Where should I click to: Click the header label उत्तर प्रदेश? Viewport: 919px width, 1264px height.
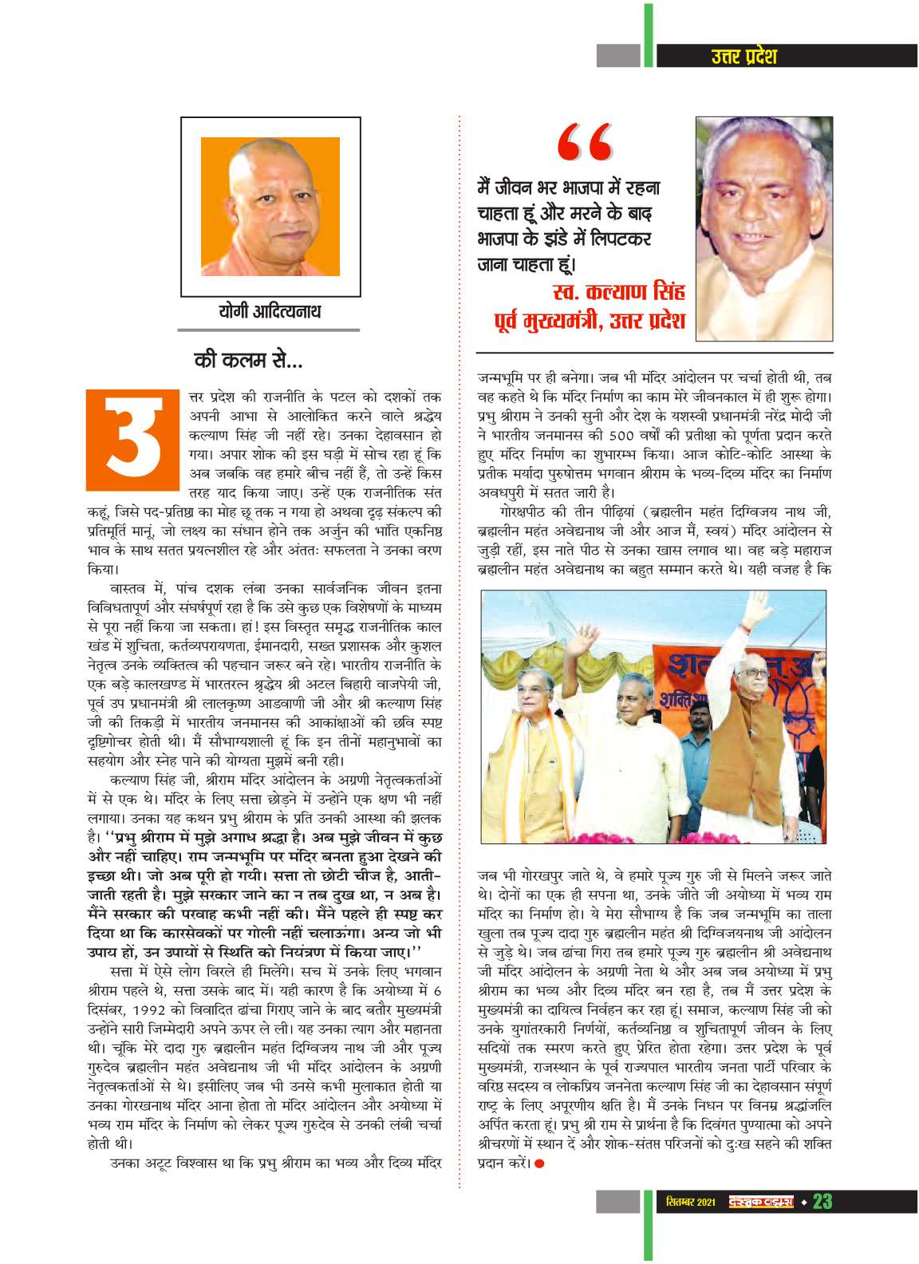(x=743, y=56)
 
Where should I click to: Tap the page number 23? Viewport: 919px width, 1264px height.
(x=822, y=1202)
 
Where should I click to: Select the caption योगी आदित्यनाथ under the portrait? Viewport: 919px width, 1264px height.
(x=270, y=310)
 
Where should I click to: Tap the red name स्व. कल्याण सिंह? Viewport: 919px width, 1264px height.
(x=617, y=291)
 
